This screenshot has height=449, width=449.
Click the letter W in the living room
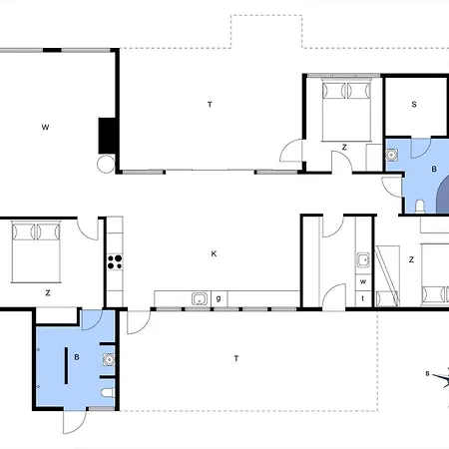[x=45, y=127]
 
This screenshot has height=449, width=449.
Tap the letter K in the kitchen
[x=214, y=253]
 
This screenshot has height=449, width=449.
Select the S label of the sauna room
[x=414, y=104]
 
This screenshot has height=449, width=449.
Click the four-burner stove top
[x=115, y=261]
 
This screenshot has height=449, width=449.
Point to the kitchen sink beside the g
[x=200, y=299]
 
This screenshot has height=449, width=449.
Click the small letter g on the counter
[x=219, y=298]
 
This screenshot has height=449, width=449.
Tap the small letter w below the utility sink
[x=363, y=281]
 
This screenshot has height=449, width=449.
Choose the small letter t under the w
[x=363, y=298]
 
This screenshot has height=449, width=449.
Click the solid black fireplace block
[x=107, y=136]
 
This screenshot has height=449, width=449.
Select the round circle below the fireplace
[x=106, y=164]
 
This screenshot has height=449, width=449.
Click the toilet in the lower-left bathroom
[x=108, y=393]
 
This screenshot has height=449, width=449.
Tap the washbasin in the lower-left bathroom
[x=109, y=359]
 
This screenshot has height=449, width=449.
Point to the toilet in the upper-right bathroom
[x=420, y=206]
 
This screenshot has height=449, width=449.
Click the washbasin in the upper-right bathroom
[x=392, y=155]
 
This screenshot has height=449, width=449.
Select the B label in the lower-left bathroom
[x=77, y=357]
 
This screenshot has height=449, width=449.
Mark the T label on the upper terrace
[x=210, y=105]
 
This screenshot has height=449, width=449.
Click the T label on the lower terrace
[x=236, y=358]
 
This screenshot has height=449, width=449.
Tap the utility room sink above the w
[x=363, y=260]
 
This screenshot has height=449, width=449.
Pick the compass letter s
[x=428, y=373]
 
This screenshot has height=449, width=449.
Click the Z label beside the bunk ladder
[x=411, y=259]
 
